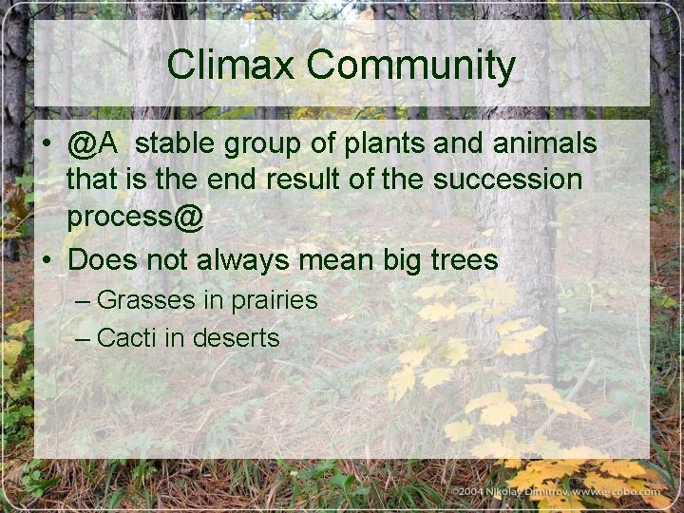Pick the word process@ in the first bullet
click(x=135, y=218)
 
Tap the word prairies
click(x=271, y=301)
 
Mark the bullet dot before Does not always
click(x=46, y=259)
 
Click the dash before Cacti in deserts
click(x=82, y=337)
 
